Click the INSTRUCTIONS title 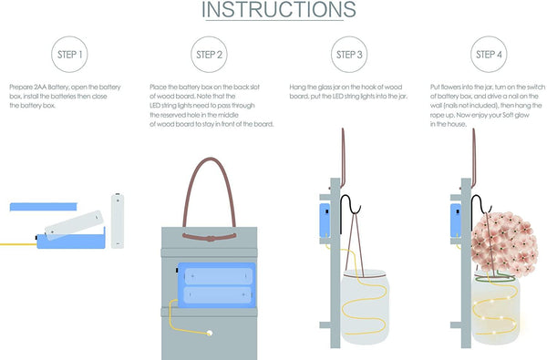pos(279,10)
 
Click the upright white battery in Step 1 pos(118,221)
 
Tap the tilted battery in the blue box pos(74,225)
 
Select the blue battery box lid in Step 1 pos(44,207)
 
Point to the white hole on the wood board pos(210,334)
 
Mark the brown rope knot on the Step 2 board pos(210,238)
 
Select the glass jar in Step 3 pos(365,306)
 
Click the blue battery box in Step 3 pos(325,221)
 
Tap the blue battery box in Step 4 pos(456,221)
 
